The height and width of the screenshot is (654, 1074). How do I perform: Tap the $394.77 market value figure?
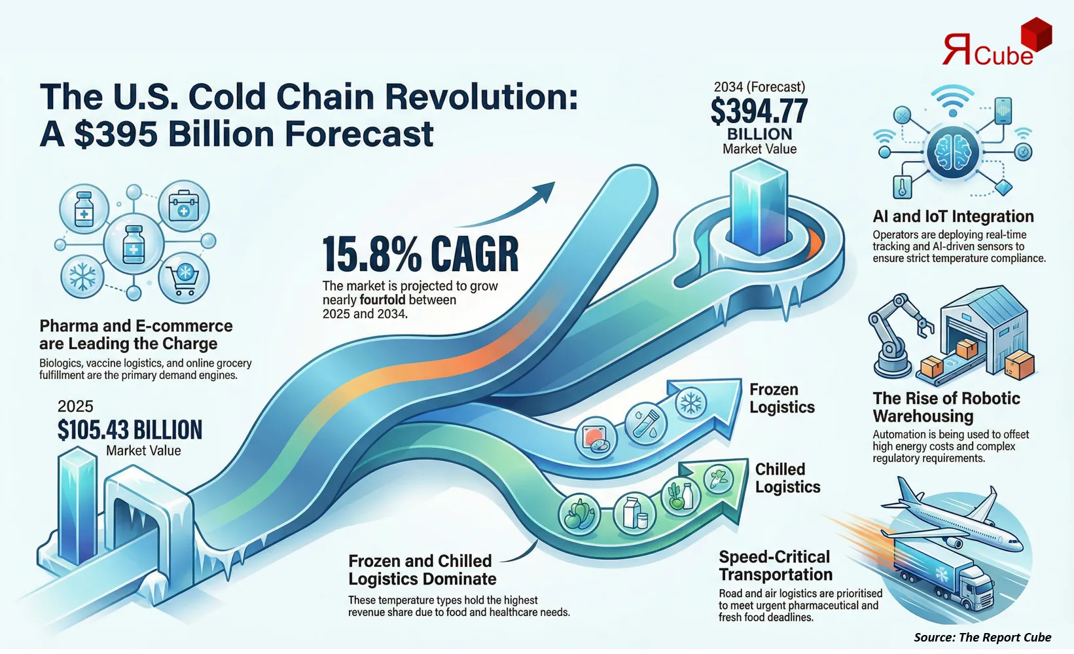click(759, 111)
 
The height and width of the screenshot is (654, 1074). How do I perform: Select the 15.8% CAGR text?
click(420, 255)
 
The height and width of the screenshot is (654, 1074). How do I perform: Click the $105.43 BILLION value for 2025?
click(130, 430)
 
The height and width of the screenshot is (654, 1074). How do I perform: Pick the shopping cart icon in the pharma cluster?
click(184, 278)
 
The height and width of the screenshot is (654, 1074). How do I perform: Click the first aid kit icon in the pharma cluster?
click(184, 206)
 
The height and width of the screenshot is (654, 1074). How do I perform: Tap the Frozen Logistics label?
click(781, 398)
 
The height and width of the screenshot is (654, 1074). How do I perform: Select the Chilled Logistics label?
click(787, 478)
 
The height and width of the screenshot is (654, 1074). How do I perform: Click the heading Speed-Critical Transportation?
click(776, 566)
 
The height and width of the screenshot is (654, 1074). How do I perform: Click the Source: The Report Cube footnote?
click(982, 637)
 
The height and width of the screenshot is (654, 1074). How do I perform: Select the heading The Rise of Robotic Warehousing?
click(946, 407)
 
